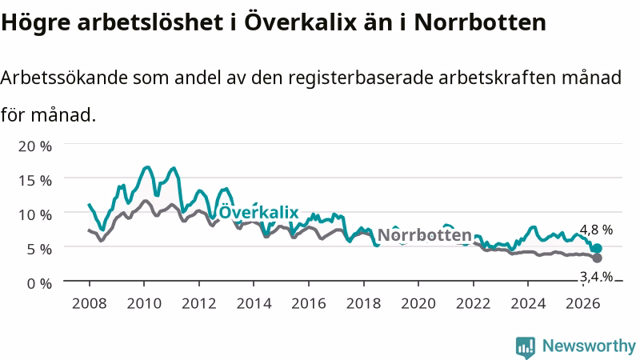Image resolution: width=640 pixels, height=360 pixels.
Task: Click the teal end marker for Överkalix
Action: (597, 248)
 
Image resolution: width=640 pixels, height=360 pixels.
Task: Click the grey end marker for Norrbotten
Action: (597, 258)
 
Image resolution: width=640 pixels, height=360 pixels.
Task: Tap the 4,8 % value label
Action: (596, 230)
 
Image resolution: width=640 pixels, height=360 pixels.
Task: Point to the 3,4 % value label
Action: (596, 277)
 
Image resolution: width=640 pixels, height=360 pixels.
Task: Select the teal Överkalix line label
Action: (258, 212)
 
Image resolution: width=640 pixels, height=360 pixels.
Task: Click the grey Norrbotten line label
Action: (425, 235)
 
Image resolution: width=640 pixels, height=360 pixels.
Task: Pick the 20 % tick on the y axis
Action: (35, 146)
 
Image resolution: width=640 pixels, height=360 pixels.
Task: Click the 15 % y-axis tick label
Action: (35, 181)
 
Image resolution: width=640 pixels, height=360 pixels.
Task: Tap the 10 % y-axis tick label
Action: (35, 214)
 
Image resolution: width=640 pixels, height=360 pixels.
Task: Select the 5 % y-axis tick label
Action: (39, 249)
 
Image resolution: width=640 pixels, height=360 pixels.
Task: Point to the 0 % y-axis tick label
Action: (39, 283)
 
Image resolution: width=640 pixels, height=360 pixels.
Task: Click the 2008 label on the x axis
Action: (90, 304)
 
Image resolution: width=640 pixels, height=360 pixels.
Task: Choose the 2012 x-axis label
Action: (198, 304)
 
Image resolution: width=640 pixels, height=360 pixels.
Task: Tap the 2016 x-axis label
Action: (309, 304)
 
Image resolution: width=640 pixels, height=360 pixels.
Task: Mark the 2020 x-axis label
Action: (418, 304)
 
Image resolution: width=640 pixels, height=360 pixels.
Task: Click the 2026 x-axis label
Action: (583, 304)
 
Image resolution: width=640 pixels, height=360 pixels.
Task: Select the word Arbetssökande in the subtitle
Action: (64, 78)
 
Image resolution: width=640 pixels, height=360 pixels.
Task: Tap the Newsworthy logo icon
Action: (526, 347)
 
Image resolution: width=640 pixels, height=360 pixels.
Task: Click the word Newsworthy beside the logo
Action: (589, 346)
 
